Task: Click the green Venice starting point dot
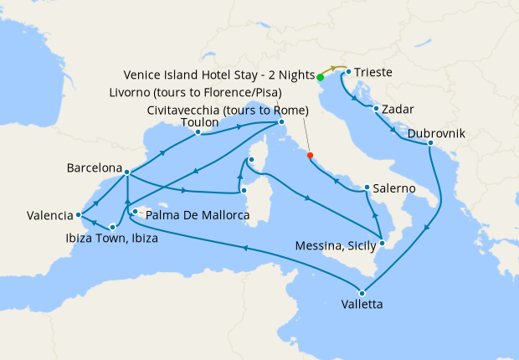point(321,77)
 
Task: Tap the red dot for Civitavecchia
point(310,155)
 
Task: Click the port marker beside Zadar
point(377,109)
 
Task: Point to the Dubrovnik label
point(438,133)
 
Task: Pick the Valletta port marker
point(362,292)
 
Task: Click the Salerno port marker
point(367,188)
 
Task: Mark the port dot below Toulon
point(198,132)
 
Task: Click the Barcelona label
point(94,167)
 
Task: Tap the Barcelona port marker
point(126,173)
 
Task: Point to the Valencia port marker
point(77,214)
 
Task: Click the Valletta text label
point(362,305)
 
